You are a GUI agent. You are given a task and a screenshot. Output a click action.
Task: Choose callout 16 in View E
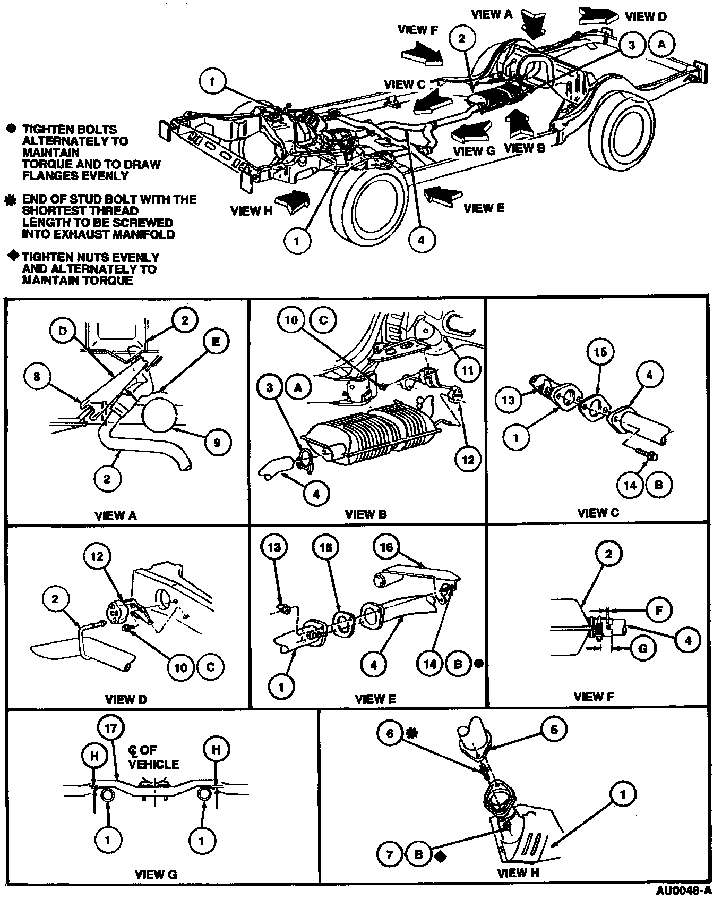coord(386,547)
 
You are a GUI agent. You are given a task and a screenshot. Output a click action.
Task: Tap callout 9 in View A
coord(217,442)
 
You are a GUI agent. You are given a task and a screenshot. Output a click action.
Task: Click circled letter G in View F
coord(643,649)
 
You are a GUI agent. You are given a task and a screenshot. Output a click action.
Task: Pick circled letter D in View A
coord(63,332)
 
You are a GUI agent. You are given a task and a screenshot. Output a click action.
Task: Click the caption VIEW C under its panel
coord(598,513)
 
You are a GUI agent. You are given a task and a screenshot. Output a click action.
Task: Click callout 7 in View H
coord(390,854)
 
